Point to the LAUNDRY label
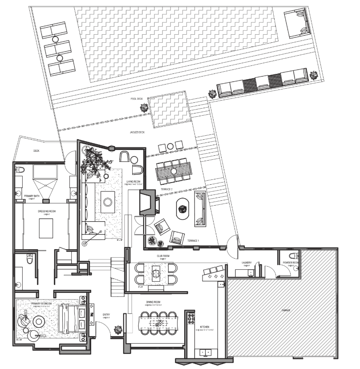click(247, 263)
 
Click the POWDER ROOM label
click(290, 263)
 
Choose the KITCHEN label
click(206, 327)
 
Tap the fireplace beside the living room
click(148, 202)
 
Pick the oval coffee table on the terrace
click(183, 208)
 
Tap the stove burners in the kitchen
click(191, 320)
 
